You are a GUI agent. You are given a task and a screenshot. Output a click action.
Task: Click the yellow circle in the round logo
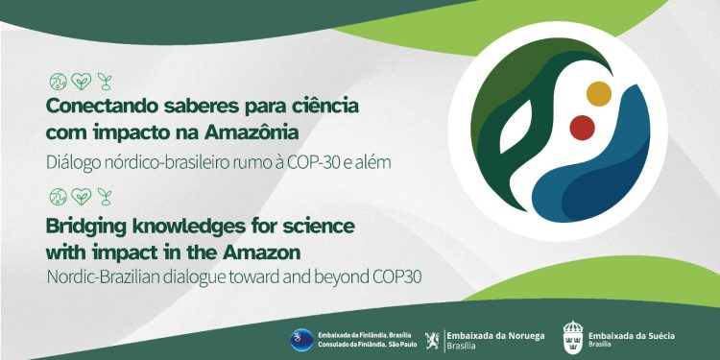tap(598, 93)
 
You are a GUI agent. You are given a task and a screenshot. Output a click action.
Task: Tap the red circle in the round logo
tap(582, 127)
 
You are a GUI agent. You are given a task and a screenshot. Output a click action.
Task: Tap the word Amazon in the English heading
tap(267, 252)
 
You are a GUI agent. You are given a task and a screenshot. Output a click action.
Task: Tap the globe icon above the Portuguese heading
tap(57, 80)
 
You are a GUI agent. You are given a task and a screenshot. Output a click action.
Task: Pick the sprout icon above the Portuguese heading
tap(104, 80)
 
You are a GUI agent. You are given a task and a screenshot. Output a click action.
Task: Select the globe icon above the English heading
tap(57, 198)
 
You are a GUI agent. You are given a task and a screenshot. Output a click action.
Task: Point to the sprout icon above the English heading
tap(104, 198)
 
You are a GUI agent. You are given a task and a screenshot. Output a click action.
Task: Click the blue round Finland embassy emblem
tap(301, 339)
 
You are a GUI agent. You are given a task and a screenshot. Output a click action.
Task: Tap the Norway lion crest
tap(433, 338)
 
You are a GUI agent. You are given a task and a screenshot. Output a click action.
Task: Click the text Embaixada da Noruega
tap(496, 334)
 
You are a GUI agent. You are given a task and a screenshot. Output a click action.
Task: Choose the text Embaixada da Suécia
tap(632, 334)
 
